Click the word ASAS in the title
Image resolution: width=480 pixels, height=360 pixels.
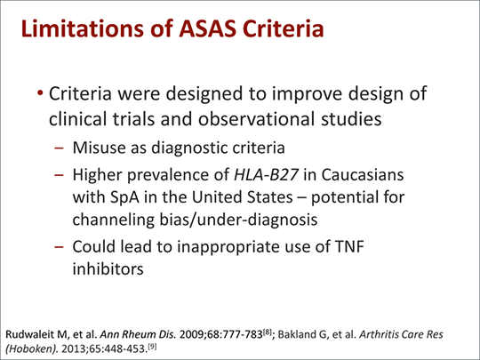pyautogui.click(x=207, y=28)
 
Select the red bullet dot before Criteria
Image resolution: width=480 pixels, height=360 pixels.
pyautogui.click(x=40, y=92)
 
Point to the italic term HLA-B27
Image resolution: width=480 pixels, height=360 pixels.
pyautogui.click(x=266, y=175)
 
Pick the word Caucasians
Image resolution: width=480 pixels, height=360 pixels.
pyautogui.click(x=363, y=175)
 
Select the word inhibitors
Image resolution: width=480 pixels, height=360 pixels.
pyautogui.click(x=108, y=268)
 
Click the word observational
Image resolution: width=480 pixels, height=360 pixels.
pyautogui.click(x=257, y=118)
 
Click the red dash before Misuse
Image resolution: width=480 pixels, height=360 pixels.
pyautogui.click(x=59, y=148)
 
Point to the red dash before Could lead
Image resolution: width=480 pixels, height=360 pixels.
pyautogui.click(x=59, y=247)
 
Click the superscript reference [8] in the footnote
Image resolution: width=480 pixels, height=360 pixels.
pyautogui.click(x=268, y=332)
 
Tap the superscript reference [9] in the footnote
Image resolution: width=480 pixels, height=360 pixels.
pyautogui.click(x=152, y=347)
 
